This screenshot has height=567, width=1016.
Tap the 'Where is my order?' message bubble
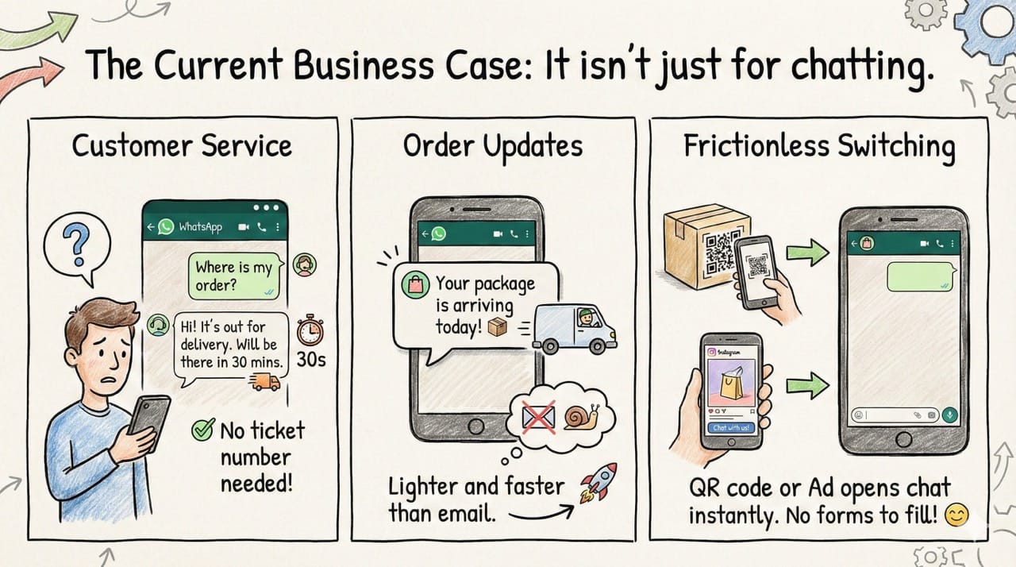233,276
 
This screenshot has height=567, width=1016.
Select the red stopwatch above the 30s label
310,330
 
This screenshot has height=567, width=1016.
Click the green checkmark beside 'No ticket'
202,431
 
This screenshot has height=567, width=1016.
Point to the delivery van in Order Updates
573,325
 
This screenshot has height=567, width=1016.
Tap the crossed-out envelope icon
539,416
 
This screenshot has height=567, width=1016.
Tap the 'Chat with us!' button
731,427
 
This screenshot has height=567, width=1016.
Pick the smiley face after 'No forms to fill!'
957,516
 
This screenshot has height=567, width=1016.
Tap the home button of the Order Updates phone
475,426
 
